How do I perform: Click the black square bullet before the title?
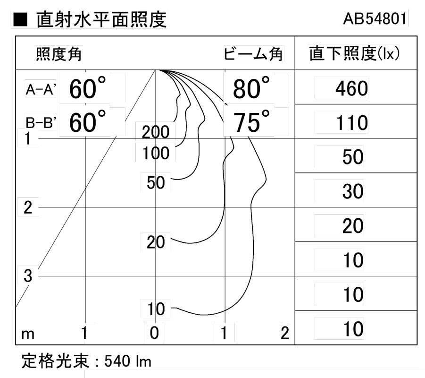(20, 19)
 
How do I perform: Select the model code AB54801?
(375, 19)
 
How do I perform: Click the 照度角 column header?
(58, 54)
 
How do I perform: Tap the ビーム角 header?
(253, 53)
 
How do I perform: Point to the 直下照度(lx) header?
(354, 53)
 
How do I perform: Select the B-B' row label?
(41, 123)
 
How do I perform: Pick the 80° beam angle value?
(251, 88)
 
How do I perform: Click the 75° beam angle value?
(251, 121)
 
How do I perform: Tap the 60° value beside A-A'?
(87, 88)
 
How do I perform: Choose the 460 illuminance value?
(351, 88)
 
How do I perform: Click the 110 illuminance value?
(352, 123)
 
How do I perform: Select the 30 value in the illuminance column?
(353, 191)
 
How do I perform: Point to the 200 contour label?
(156, 132)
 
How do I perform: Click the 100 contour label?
(156, 153)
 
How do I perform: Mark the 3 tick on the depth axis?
(28, 276)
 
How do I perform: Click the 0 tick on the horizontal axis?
(154, 333)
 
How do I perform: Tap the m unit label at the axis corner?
(28, 335)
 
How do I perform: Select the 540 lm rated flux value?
(128, 361)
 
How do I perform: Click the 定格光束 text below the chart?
(55, 361)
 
